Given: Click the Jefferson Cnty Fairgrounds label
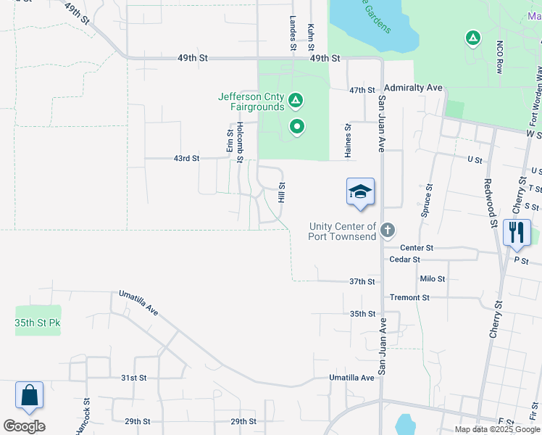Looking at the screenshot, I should (251, 101).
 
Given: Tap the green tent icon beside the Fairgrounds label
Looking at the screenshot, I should (296, 99).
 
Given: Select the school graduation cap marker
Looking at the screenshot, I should (360, 193).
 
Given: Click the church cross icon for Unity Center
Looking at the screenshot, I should (388, 231).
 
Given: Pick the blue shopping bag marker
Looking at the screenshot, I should (29, 396).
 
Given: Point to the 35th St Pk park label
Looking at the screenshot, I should (38, 323).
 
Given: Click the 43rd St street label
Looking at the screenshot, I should (186, 157).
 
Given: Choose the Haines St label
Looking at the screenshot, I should (348, 141).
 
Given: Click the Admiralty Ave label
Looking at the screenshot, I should (413, 88).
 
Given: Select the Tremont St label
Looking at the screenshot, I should (409, 297).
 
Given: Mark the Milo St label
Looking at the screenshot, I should (432, 278).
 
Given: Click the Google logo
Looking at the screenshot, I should (24, 426).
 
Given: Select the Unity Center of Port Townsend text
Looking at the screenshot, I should (342, 231).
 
